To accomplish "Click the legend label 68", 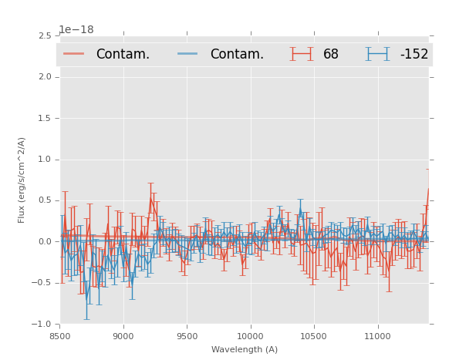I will (x=330, y=54).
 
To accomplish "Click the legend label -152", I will (x=414, y=54).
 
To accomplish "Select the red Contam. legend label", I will (x=123, y=54).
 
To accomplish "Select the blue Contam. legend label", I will (x=237, y=54).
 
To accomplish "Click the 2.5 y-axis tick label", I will (x=45, y=35).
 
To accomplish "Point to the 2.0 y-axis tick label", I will (x=45, y=77).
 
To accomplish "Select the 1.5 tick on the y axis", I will (x=45, y=118).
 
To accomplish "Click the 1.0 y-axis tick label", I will (x=45, y=160).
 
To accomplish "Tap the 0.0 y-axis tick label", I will (x=45, y=242).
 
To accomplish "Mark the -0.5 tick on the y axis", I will (x=42, y=283).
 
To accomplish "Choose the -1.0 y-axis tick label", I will (x=42, y=325).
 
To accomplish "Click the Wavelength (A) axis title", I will (x=245, y=349).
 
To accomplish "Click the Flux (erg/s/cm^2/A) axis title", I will (x=22, y=180).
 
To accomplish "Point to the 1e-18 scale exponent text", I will (x=76, y=29).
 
